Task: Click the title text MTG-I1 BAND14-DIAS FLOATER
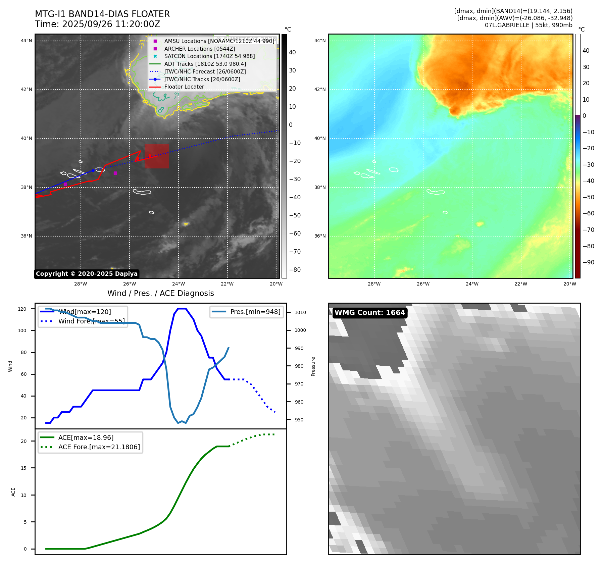pyautogui.click(x=102, y=14)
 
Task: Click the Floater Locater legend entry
pyautogui.click(x=184, y=87)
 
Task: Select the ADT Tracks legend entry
pyautogui.click(x=205, y=64)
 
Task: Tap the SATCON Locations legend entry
pyautogui.click(x=209, y=56)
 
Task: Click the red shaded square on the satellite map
pyautogui.click(x=157, y=156)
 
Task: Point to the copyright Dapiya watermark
pyautogui.click(x=87, y=274)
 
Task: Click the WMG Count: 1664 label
pyautogui.click(x=370, y=313)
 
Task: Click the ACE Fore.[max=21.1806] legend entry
pyautogui.click(x=99, y=447)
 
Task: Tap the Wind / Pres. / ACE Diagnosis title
pyautogui.click(x=160, y=293)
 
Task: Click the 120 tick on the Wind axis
pyautogui.click(x=22, y=309)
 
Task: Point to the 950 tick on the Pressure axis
pyautogui.click(x=299, y=420)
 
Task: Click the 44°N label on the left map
pyautogui.click(x=27, y=41)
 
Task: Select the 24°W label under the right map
pyautogui.click(x=472, y=284)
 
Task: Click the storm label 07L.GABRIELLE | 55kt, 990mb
pyautogui.click(x=529, y=25)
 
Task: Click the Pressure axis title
pyautogui.click(x=313, y=366)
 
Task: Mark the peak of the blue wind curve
pyautogui.click(x=182, y=309)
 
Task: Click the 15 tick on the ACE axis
pyautogui.click(x=23, y=468)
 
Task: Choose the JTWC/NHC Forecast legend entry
pyautogui.click(x=205, y=71)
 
